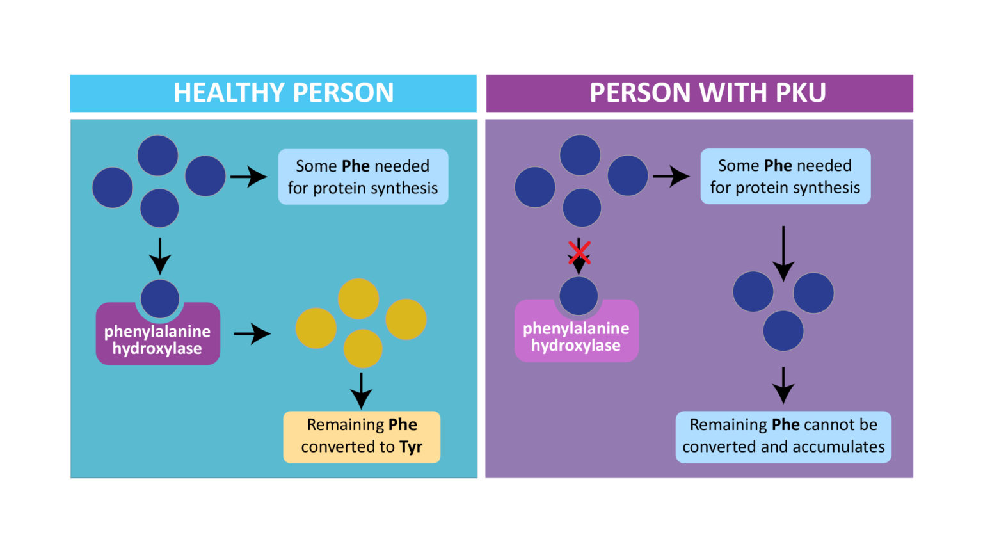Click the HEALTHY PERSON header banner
(273, 93)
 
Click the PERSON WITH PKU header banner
(699, 93)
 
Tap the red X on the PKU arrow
(579, 252)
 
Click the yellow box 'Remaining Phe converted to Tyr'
(362, 437)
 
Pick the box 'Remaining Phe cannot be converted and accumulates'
(783, 437)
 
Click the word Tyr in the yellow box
(411, 447)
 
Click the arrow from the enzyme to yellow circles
(252, 333)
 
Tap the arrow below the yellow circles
(362, 390)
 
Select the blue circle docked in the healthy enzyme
(160, 298)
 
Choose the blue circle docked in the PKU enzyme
(579, 296)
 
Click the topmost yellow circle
(358, 298)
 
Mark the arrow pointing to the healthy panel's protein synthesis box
(248, 177)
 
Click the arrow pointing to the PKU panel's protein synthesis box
(671, 176)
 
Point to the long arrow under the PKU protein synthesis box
(783, 253)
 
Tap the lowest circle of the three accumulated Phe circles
(783, 331)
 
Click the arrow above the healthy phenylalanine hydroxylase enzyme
(160, 256)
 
